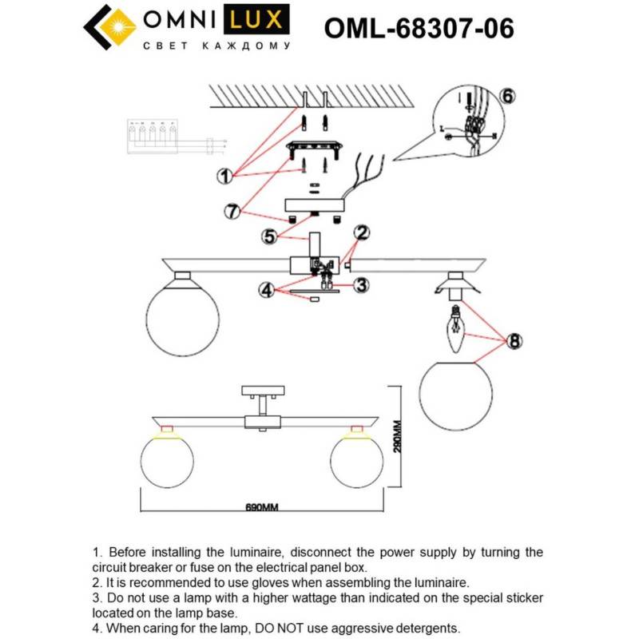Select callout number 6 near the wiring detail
508,95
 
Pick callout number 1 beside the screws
227,174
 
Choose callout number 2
362,233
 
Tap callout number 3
361,284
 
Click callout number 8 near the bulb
514,341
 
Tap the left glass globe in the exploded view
181,314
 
